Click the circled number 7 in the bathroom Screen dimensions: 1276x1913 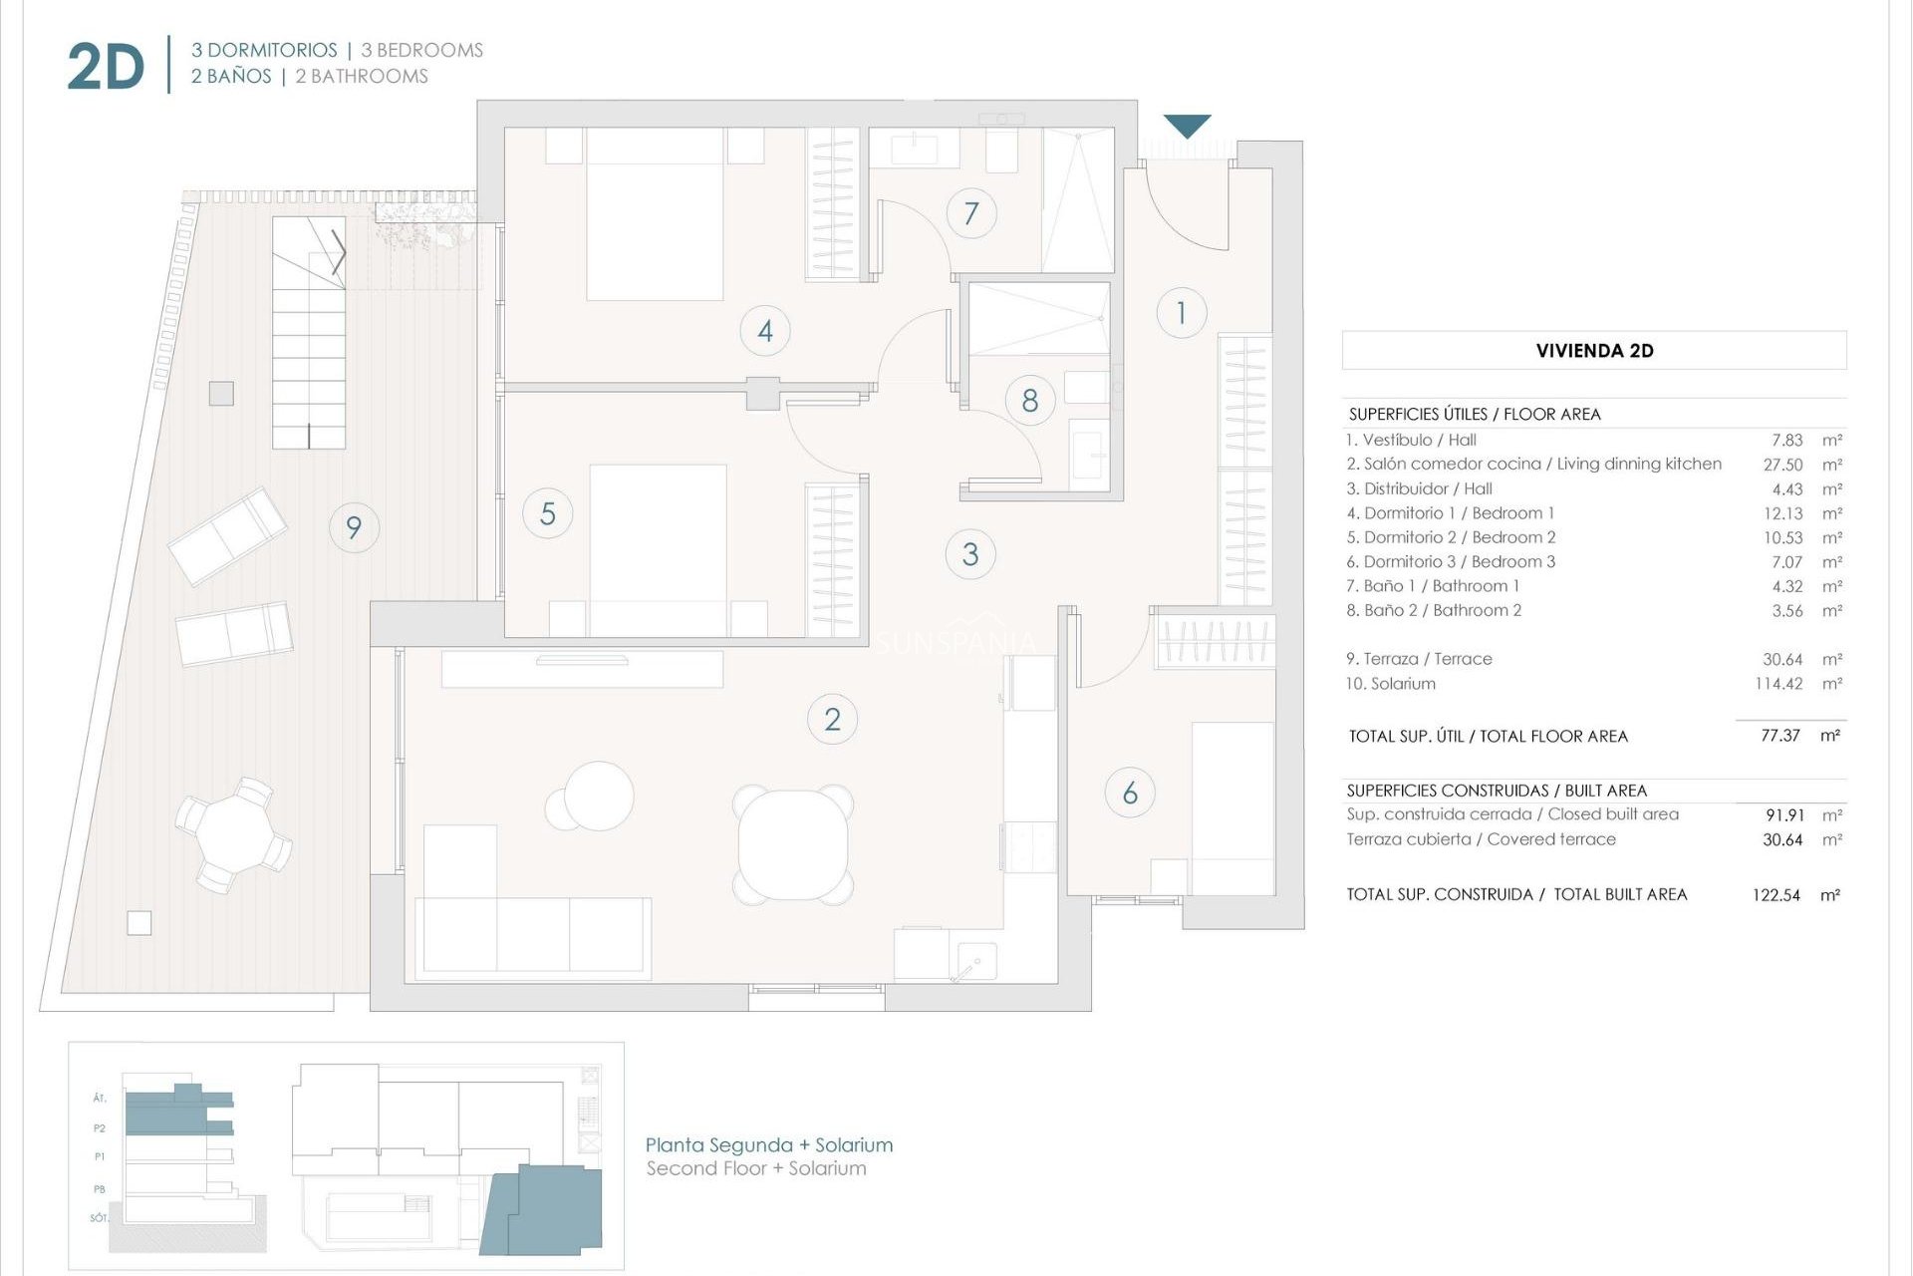click(x=970, y=212)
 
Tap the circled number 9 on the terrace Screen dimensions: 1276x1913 click(x=354, y=526)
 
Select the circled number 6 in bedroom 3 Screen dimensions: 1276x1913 click(x=1130, y=793)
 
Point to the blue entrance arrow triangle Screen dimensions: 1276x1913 click(x=1187, y=126)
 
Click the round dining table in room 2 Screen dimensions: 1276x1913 click(x=794, y=843)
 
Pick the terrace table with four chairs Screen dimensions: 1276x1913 click(x=234, y=834)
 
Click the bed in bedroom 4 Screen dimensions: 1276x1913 click(x=655, y=213)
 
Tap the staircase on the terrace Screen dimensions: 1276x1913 click(x=309, y=333)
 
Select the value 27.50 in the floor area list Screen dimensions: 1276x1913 click(x=1782, y=465)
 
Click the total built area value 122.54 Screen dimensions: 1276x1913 click(x=1776, y=895)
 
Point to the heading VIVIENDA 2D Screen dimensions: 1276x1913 click(x=1594, y=351)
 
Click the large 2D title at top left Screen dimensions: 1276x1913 click(x=106, y=68)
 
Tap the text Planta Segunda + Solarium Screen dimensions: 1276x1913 click(x=768, y=1145)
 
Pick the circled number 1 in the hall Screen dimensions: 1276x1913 click(x=1182, y=313)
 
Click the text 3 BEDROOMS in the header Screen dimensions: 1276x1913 click(x=421, y=50)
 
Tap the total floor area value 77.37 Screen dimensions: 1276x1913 click(x=1779, y=736)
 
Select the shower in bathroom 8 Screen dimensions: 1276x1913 click(x=1039, y=318)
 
